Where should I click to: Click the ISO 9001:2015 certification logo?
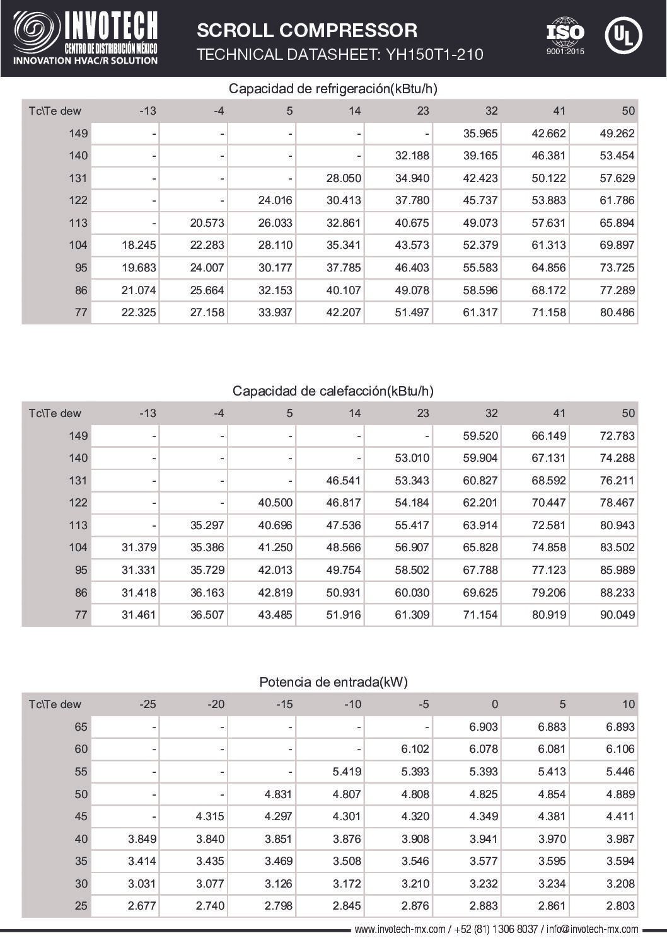[x=565, y=37]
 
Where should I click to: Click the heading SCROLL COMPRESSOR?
[x=307, y=30]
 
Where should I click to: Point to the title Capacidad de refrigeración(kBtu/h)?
[x=333, y=88]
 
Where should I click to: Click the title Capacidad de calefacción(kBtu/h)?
[x=333, y=391]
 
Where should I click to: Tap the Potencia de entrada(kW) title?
[x=333, y=682]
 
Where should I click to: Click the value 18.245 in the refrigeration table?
[x=139, y=245]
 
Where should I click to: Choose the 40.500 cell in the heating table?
[x=275, y=503]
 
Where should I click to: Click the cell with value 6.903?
[x=483, y=727]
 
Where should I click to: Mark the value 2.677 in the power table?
[x=142, y=906]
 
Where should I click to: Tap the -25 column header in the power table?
[x=147, y=704]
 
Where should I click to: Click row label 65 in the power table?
[x=81, y=727]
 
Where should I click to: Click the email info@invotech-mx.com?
[x=592, y=929]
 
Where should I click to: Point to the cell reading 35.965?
[x=480, y=134]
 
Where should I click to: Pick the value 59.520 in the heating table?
[x=480, y=436]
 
